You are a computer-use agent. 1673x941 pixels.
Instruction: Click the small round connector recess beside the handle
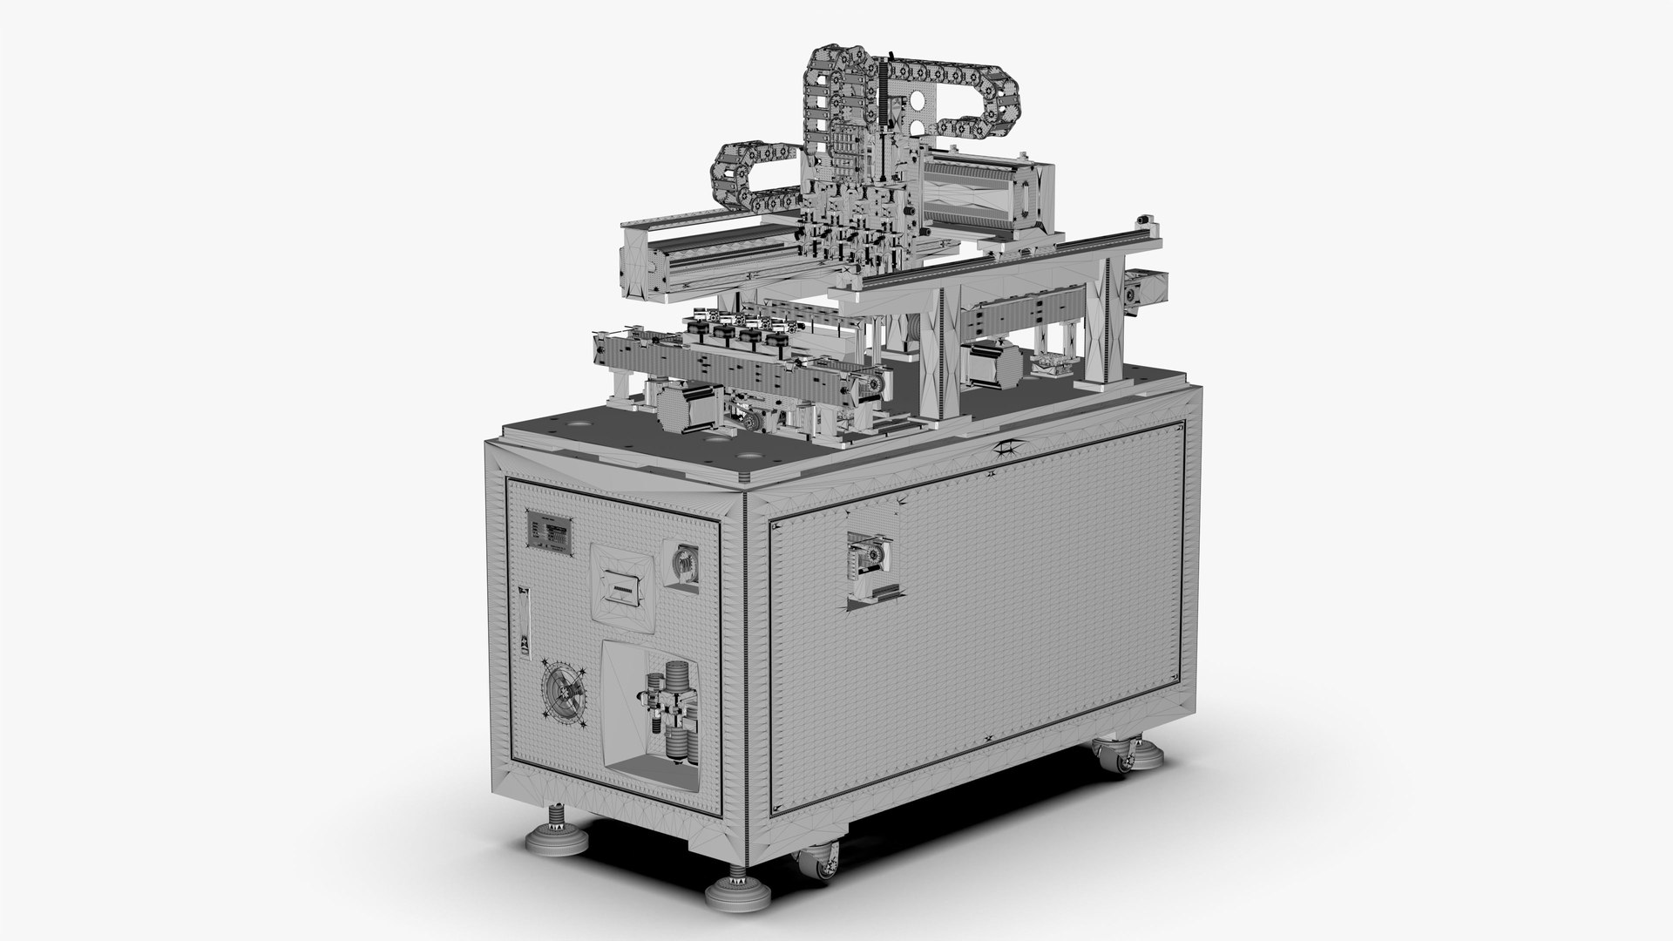coord(684,564)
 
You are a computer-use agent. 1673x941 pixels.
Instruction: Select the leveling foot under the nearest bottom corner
coord(730,891)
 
